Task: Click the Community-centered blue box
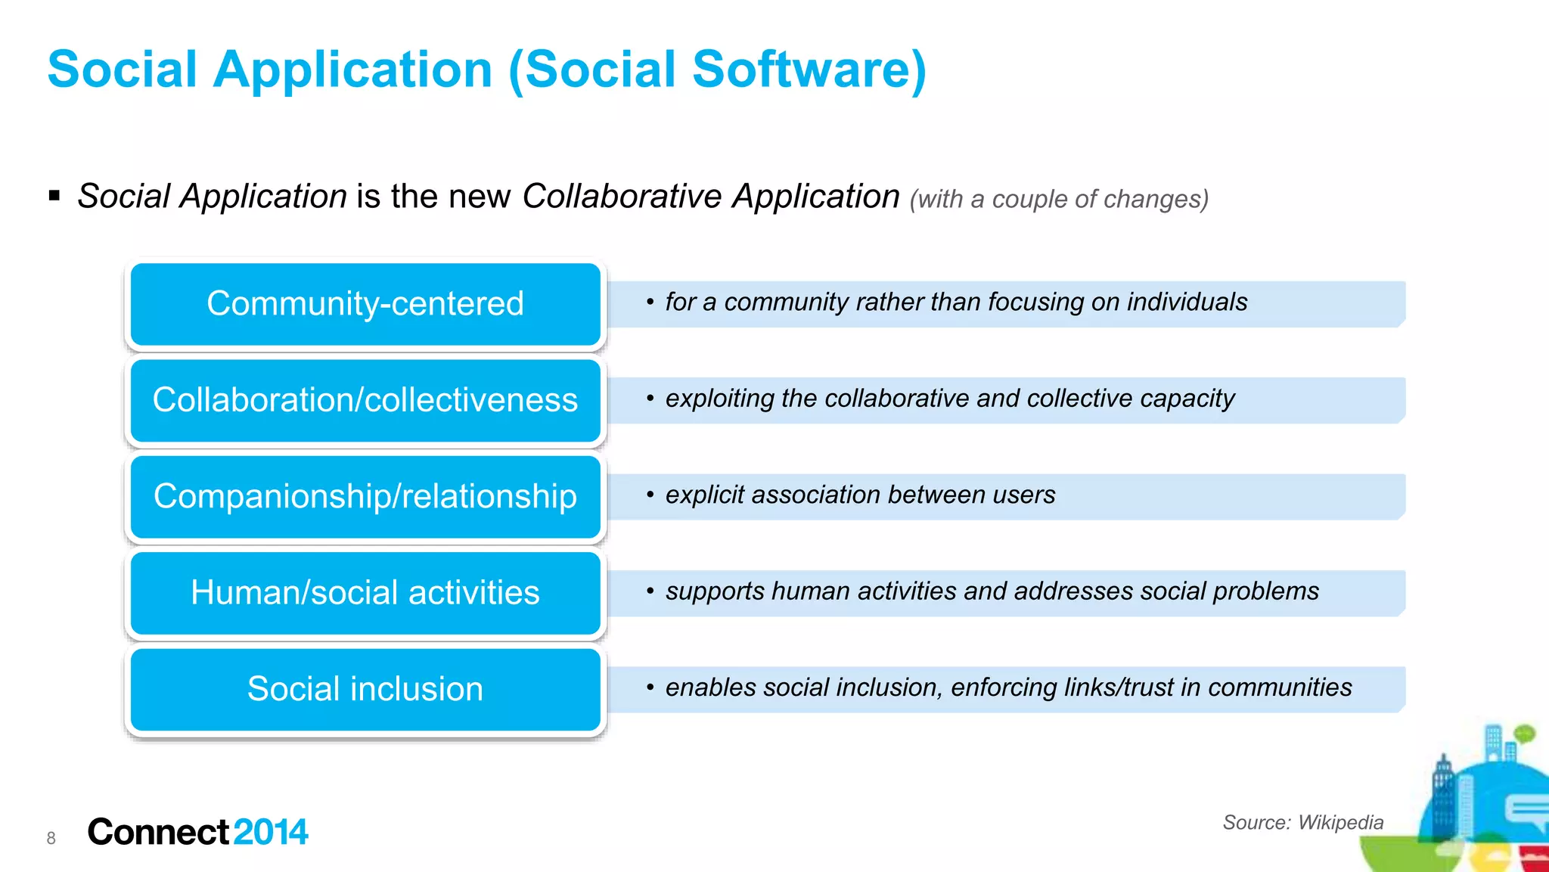[365, 304]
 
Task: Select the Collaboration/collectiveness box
[365, 400]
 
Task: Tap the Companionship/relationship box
[365, 497]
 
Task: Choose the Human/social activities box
[365, 593]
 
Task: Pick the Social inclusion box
[365, 689]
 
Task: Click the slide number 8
[51, 838]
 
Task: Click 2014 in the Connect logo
[271, 832]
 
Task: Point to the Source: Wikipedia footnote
[1302, 822]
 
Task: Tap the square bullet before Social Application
[54, 197]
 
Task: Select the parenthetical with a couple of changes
[1059, 199]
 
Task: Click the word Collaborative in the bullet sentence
[622, 197]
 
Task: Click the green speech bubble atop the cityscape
[1524, 732]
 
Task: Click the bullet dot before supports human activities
[650, 591]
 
